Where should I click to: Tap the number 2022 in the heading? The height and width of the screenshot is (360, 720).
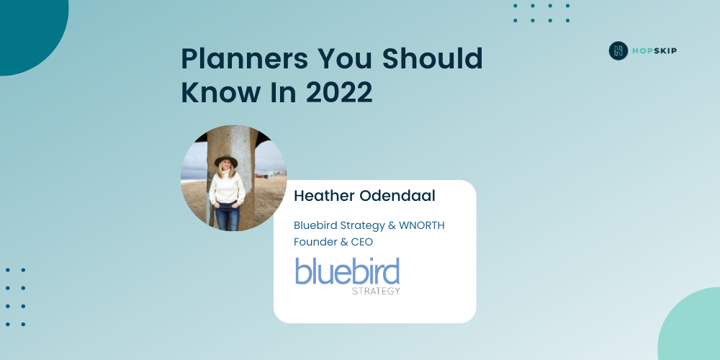(x=339, y=92)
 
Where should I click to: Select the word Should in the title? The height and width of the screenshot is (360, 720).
(x=433, y=58)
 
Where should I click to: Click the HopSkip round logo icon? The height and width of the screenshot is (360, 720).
(x=618, y=50)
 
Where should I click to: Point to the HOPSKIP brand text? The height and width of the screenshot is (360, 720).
(x=654, y=51)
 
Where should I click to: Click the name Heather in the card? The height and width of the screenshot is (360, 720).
(x=324, y=196)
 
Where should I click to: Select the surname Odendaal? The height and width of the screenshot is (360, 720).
(x=397, y=196)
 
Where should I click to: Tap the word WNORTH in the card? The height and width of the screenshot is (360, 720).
(x=421, y=225)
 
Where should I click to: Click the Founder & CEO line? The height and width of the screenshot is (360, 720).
(x=333, y=241)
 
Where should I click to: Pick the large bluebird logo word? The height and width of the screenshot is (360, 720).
(x=347, y=271)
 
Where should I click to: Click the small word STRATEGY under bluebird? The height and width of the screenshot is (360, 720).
(x=376, y=291)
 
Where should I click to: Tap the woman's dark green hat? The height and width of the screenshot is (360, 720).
(x=226, y=161)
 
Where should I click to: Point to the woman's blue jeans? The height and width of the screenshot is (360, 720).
(x=228, y=215)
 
